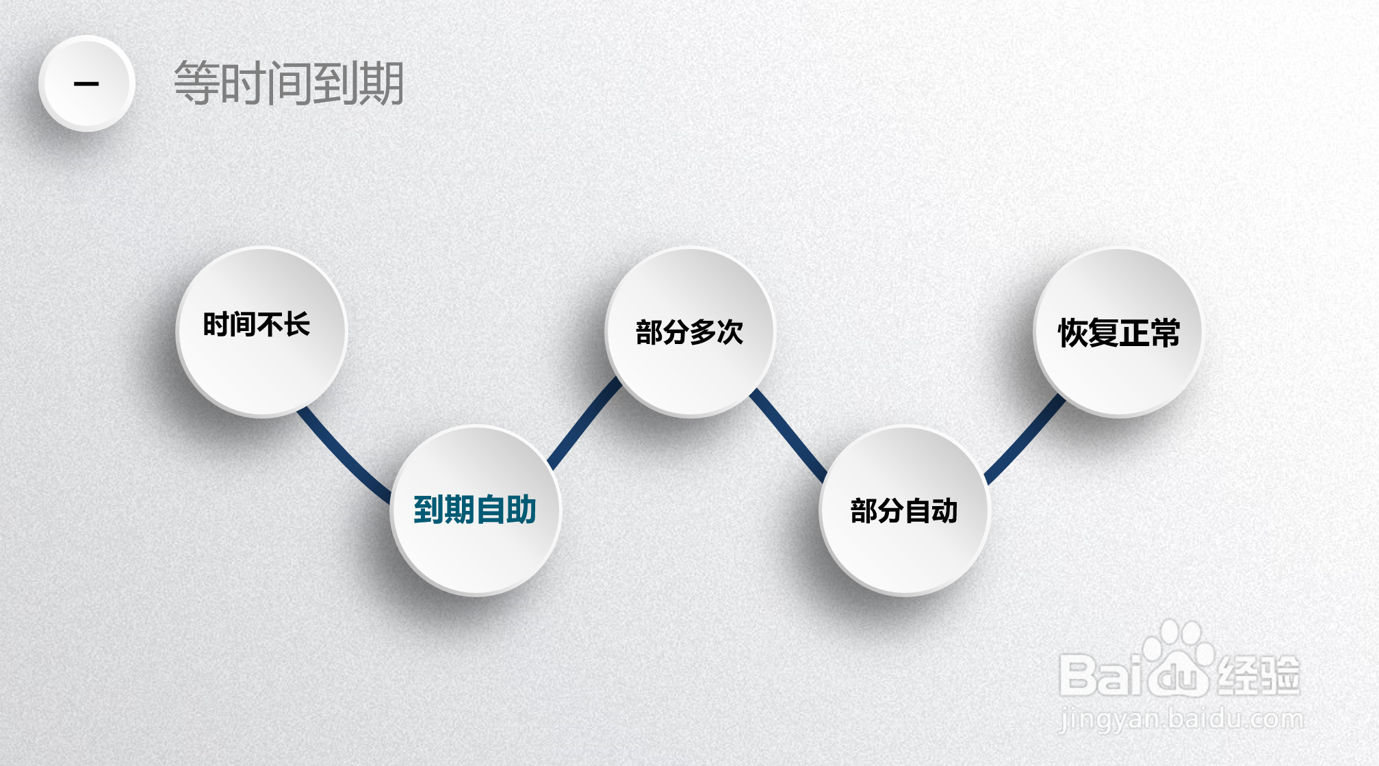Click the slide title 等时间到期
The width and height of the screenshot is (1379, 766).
(x=288, y=83)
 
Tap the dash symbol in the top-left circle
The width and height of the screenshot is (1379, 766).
(x=86, y=84)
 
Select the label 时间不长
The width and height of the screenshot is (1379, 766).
(x=257, y=324)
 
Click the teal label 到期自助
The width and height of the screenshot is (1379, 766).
(x=475, y=510)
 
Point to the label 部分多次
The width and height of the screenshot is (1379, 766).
(x=689, y=332)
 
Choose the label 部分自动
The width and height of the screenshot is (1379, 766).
(x=903, y=511)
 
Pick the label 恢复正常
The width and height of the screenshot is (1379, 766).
(x=1119, y=333)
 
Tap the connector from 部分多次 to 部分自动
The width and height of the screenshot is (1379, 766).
(x=788, y=434)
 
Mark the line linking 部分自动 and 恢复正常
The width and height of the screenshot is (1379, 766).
(x=1024, y=440)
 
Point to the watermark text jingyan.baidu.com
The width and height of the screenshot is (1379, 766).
(x=1181, y=719)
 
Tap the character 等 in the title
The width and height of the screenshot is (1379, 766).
(x=196, y=83)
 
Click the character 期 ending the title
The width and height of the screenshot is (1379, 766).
(x=381, y=83)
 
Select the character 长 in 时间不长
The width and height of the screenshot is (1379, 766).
(x=297, y=324)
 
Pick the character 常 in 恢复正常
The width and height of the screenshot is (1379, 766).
(x=1165, y=333)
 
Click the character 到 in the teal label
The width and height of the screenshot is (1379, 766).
(x=428, y=510)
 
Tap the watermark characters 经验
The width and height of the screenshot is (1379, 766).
(x=1258, y=676)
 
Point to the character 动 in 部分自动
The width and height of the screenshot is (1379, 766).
(x=944, y=511)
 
